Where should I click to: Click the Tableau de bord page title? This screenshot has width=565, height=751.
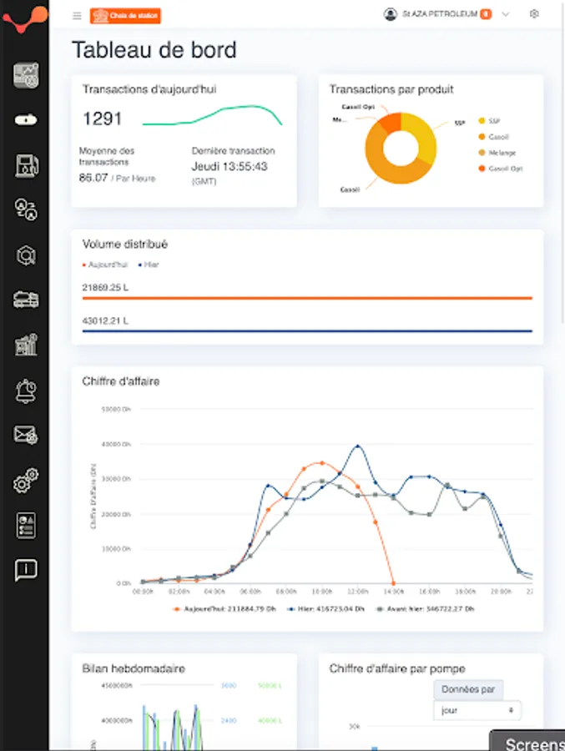(x=154, y=50)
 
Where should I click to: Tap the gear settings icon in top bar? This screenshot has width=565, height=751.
(x=534, y=14)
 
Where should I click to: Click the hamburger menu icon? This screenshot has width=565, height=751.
(x=77, y=15)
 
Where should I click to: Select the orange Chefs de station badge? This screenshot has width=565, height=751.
(x=125, y=15)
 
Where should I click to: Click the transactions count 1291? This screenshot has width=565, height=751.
(x=103, y=119)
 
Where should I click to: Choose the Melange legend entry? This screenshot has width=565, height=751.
(x=502, y=153)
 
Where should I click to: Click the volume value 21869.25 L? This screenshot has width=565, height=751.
(x=105, y=287)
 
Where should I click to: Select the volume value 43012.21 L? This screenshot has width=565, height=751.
(x=105, y=321)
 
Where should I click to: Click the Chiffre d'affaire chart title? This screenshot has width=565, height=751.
(x=121, y=381)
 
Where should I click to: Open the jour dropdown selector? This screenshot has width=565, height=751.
(x=477, y=711)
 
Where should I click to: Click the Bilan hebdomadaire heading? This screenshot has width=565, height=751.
(x=134, y=668)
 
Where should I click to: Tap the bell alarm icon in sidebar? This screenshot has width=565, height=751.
(x=26, y=390)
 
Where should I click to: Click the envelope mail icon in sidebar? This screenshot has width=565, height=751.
(x=26, y=435)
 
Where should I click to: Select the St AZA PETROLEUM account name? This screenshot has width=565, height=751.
(x=440, y=14)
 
